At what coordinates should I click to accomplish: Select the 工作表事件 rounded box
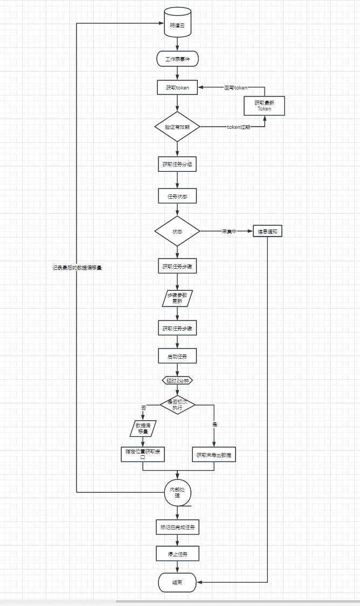[177, 58]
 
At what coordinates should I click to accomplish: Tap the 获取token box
[177, 87]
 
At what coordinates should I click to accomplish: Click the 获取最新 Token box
[264, 106]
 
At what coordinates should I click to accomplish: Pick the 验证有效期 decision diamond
[177, 127]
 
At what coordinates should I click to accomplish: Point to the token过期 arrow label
[238, 127]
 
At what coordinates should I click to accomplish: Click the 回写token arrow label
[236, 87]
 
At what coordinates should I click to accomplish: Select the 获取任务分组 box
[177, 164]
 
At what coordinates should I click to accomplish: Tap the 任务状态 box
[177, 196]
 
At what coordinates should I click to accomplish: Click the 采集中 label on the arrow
[229, 232]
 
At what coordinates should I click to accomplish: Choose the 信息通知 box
[268, 232]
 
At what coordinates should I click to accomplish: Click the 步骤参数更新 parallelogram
[177, 298]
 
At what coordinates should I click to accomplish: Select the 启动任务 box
[177, 356]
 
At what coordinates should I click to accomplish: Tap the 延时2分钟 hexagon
[177, 380]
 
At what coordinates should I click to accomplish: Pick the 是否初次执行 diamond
[177, 405]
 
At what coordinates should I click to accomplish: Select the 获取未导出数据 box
[214, 455]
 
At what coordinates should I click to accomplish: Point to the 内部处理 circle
[177, 492]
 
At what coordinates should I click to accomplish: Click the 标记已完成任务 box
[177, 527]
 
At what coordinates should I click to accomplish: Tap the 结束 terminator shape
[177, 582]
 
